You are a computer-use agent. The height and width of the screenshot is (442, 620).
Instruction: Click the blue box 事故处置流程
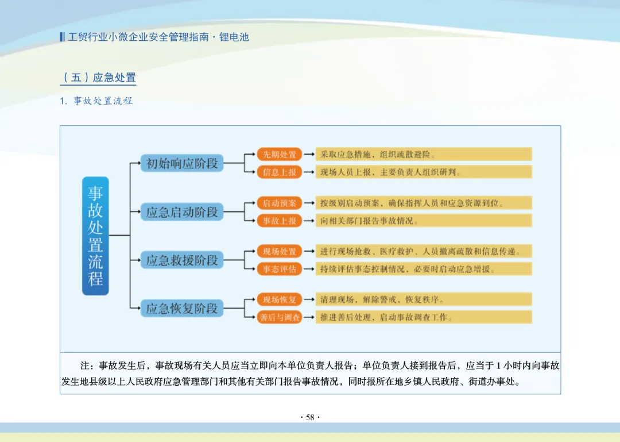point(95,236)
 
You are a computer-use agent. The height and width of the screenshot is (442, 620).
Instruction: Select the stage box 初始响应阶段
point(182,163)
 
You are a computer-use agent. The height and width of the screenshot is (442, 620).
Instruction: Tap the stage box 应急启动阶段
point(182,212)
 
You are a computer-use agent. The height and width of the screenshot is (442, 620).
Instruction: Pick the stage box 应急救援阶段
point(182,260)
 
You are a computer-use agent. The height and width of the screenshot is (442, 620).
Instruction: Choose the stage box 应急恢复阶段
point(182,308)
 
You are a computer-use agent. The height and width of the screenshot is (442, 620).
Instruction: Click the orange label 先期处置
point(280,154)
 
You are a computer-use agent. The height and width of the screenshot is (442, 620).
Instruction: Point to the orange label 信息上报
point(280,172)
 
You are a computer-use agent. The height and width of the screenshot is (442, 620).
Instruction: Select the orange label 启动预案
point(280,203)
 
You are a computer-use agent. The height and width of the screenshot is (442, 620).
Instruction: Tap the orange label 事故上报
point(280,221)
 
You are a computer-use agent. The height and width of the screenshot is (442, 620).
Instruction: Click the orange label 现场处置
point(280,251)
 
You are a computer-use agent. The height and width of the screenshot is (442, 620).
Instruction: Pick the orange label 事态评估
point(280,269)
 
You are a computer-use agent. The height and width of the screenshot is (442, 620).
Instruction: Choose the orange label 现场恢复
point(280,299)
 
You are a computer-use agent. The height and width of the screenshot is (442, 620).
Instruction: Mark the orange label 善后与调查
point(280,317)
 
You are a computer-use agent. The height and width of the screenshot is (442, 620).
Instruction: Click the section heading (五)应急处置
point(99,78)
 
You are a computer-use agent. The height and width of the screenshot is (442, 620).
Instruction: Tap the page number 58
point(310,417)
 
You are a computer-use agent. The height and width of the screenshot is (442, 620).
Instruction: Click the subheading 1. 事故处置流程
point(96,101)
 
